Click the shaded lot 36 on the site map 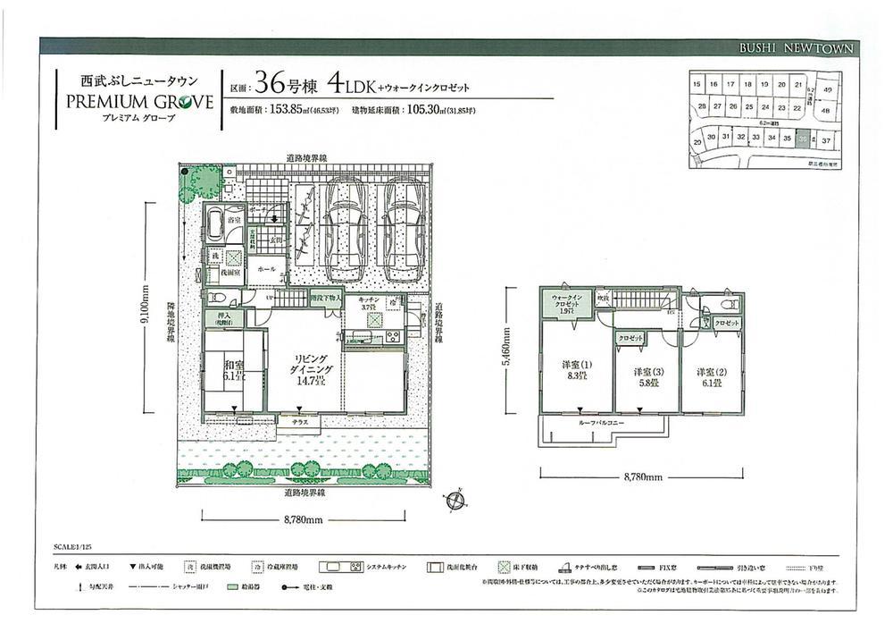point(804,139)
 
